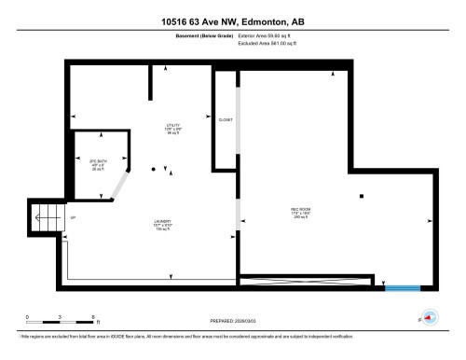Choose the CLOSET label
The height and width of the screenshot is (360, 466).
click(x=225, y=120)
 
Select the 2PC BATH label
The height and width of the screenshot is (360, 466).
click(x=96, y=161)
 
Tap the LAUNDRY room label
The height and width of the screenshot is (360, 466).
click(x=163, y=222)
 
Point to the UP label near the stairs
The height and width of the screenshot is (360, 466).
click(x=72, y=218)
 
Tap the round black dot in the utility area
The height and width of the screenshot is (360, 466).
click(x=154, y=169)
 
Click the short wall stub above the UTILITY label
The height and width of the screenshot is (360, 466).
click(x=150, y=82)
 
